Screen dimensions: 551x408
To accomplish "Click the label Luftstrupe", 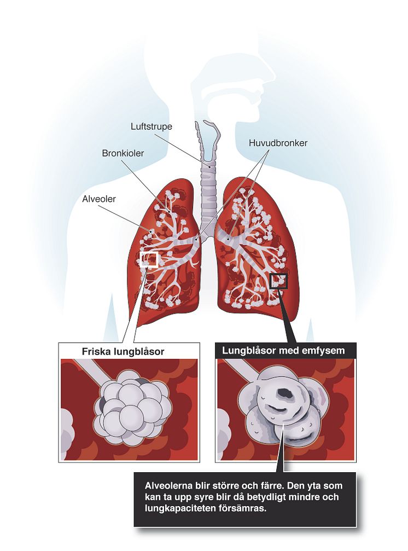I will (x=151, y=126).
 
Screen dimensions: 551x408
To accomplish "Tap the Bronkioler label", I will (x=123, y=153).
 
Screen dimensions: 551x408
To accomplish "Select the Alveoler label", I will (x=100, y=199).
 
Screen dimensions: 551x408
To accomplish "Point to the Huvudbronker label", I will (x=278, y=143).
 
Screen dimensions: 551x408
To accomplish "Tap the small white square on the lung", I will (x=149, y=259).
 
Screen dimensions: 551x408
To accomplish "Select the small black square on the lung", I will (x=279, y=281).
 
